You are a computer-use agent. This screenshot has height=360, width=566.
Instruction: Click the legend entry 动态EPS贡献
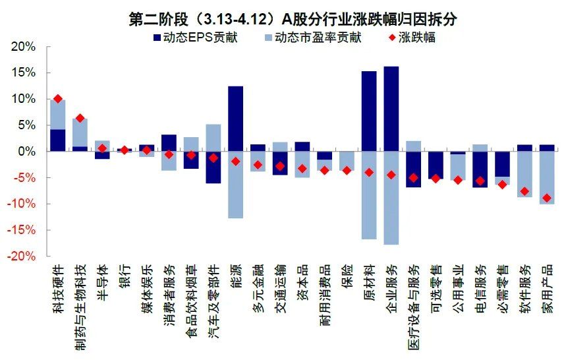(x=194, y=38)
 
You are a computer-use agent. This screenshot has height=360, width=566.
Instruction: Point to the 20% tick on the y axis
(x=22, y=46)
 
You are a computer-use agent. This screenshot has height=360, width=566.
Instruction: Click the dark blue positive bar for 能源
(x=235, y=119)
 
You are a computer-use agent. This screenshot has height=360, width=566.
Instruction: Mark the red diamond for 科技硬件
(x=57, y=99)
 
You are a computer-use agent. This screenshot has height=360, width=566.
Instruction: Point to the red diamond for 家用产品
(x=547, y=198)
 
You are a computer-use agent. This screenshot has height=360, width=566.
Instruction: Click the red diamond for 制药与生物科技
(x=80, y=118)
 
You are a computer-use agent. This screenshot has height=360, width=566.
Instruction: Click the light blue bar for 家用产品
(x=547, y=178)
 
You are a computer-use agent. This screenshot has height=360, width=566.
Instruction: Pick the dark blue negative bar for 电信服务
(x=480, y=169)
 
